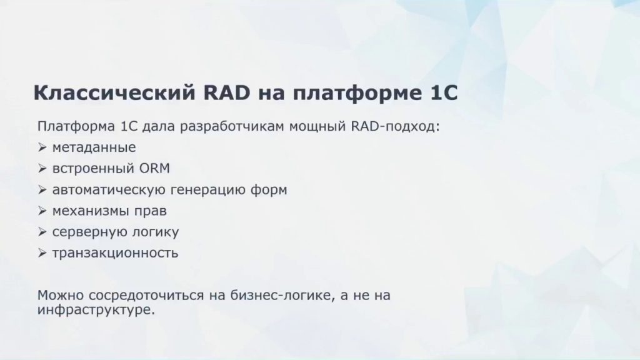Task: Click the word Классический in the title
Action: pyautogui.click(x=114, y=92)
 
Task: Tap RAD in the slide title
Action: pyautogui.click(x=226, y=92)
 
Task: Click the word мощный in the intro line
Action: pyautogui.click(x=317, y=126)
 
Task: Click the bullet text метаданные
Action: pyautogui.click(x=94, y=147)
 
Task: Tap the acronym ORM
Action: pyautogui.click(x=155, y=168)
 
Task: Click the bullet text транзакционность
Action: pyautogui.click(x=115, y=253)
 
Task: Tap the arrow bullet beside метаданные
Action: pyautogui.click(x=42, y=147)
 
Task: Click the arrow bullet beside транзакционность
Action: pyautogui.click(x=42, y=253)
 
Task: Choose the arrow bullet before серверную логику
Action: pyautogui.click(x=42, y=232)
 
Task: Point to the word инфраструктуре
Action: pyautogui.click(x=96, y=309)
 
